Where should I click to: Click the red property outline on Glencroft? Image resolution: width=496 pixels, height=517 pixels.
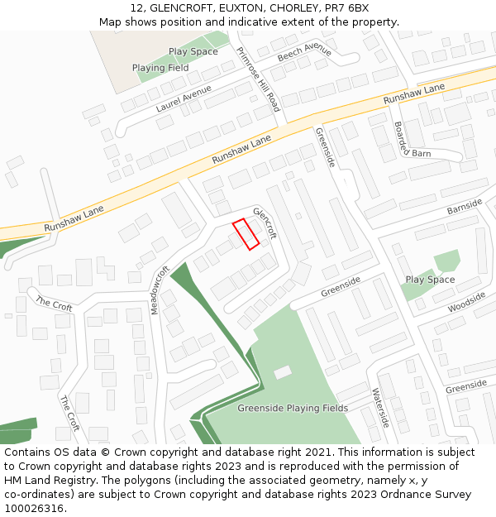(246, 233)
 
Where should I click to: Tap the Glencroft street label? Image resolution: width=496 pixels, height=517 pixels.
(265, 223)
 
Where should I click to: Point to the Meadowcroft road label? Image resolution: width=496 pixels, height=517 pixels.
(160, 290)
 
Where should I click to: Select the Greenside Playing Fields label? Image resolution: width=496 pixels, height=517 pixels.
(292, 408)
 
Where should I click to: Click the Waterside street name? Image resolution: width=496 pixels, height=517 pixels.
(379, 408)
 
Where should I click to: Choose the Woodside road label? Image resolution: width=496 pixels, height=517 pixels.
(466, 302)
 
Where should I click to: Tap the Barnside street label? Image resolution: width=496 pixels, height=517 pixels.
(464, 206)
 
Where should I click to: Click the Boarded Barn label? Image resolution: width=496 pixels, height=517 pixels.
(411, 140)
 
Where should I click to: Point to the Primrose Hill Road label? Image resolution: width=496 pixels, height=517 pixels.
(258, 79)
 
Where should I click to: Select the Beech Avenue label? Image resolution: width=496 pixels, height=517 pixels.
(304, 52)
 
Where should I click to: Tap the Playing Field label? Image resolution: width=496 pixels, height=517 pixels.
(160, 68)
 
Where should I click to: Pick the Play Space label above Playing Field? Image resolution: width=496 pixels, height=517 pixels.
(193, 51)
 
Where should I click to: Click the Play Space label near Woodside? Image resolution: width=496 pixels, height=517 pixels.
(430, 280)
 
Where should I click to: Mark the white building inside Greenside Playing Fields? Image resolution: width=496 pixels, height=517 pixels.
(283, 372)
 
